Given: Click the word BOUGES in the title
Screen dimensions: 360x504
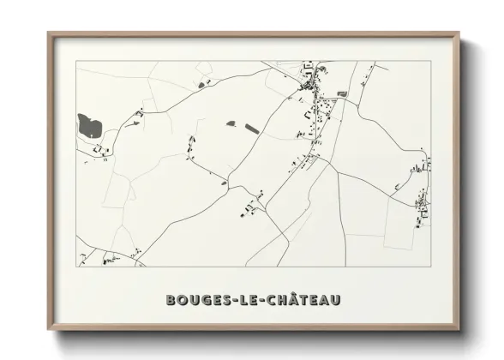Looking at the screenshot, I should [x=194, y=300].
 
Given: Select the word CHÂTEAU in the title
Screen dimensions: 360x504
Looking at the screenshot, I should [x=301, y=300].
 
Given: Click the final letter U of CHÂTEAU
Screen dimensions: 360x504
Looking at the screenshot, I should [x=337, y=300].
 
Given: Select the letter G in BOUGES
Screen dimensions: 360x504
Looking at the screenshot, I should [x=199, y=300].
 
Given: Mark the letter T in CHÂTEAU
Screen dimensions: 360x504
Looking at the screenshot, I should [x=302, y=300].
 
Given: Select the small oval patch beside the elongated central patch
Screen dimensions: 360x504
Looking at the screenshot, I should [x=231, y=124].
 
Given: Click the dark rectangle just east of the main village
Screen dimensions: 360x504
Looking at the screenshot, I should [x=342, y=93].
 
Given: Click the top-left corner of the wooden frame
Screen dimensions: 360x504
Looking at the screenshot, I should [x=49, y=33].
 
